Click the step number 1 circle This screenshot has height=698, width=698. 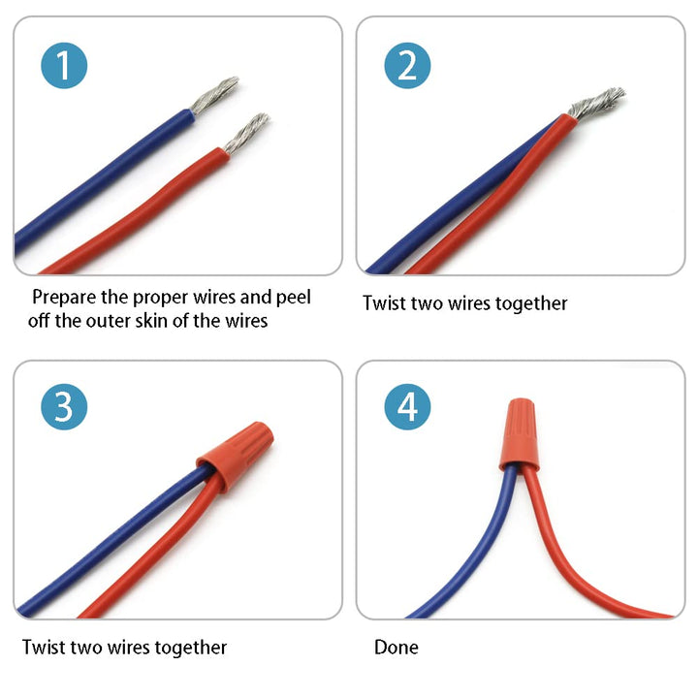[64, 66]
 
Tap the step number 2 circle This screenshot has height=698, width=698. [407, 66]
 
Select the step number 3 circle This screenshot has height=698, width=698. [64, 406]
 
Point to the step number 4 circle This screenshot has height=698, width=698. [407, 406]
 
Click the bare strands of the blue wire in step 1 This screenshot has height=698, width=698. [215, 94]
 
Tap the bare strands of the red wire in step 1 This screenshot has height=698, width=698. [246, 133]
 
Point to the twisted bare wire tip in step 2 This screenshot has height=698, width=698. [596, 104]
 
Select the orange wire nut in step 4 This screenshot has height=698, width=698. [519, 434]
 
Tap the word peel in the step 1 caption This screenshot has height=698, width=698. [293, 298]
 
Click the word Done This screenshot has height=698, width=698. [397, 648]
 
